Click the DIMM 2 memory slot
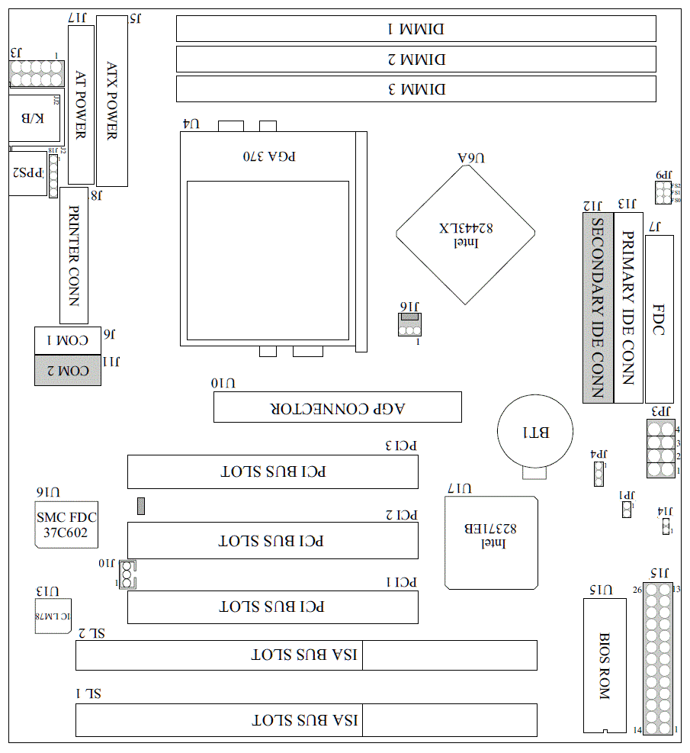[x=416, y=59]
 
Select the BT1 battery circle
[x=534, y=433]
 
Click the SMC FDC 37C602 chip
[x=66, y=525]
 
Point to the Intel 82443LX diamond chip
[x=466, y=233]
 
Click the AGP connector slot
[x=337, y=407]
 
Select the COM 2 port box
[x=68, y=371]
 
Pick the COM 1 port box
[x=68, y=340]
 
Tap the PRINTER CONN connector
[x=74, y=255]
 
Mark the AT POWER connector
[x=81, y=105]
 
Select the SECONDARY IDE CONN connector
[x=598, y=307]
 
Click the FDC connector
[x=659, y=320]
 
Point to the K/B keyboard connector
[x=35, y=117]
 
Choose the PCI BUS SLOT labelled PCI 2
[x=272, y=541]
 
